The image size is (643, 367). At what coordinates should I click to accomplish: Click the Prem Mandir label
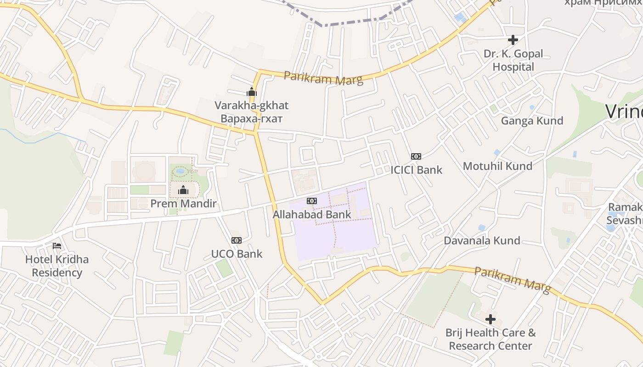coord(183,203)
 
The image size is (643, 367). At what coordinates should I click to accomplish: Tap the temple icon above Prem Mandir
coord(183,190)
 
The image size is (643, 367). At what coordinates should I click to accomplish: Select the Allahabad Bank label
coord(312,214)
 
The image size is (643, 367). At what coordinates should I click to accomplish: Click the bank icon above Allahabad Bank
coord(312,201)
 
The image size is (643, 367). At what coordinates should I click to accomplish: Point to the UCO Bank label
coord(237,254)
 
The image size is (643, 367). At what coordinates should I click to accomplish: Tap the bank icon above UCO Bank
coord(237,240)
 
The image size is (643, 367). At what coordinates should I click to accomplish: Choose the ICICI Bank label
coord(416,170)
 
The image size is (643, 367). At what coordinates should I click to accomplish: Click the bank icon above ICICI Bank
coord(416,156)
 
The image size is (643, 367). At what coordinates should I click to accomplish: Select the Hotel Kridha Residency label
coord(57,266)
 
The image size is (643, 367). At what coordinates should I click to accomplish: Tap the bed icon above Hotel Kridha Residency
coord(57,246)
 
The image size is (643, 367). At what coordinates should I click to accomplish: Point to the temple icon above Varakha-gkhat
coord(252,92)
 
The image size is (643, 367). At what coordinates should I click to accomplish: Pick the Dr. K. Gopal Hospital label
coord(513,60)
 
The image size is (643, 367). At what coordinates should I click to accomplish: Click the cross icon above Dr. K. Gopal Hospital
coord(513,40)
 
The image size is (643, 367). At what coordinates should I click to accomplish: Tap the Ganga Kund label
coord(532,121)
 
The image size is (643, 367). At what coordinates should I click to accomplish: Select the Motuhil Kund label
coord(497,166)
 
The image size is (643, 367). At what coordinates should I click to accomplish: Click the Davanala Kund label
coord(482,240)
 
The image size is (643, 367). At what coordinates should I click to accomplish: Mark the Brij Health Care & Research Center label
coord(491,339)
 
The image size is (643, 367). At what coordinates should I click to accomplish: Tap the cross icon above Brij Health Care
coord(491,319)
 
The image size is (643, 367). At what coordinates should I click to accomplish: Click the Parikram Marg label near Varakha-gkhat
coord(323,78)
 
